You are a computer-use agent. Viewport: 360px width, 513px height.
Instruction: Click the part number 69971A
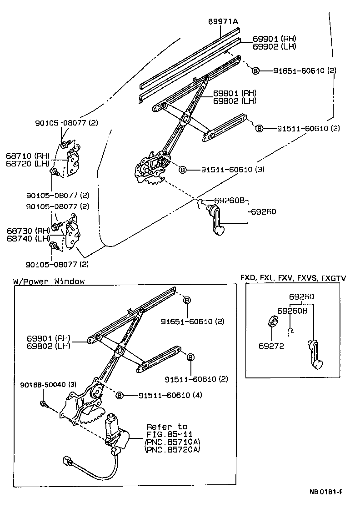[x=223, y=22]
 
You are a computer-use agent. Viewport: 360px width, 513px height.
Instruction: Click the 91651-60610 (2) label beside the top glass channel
[x=305, y=71]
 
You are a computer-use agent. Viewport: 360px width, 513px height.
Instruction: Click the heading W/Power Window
[x=49, y=282]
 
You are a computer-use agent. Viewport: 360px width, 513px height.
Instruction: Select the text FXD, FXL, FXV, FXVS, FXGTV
[x=293, y=278]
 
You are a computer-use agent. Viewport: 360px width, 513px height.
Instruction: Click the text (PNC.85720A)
[x=173, y=450]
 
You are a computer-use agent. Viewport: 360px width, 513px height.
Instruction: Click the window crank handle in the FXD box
[x=314, y=356]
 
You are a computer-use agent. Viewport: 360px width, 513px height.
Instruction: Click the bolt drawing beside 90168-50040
[x=43, y=403]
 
